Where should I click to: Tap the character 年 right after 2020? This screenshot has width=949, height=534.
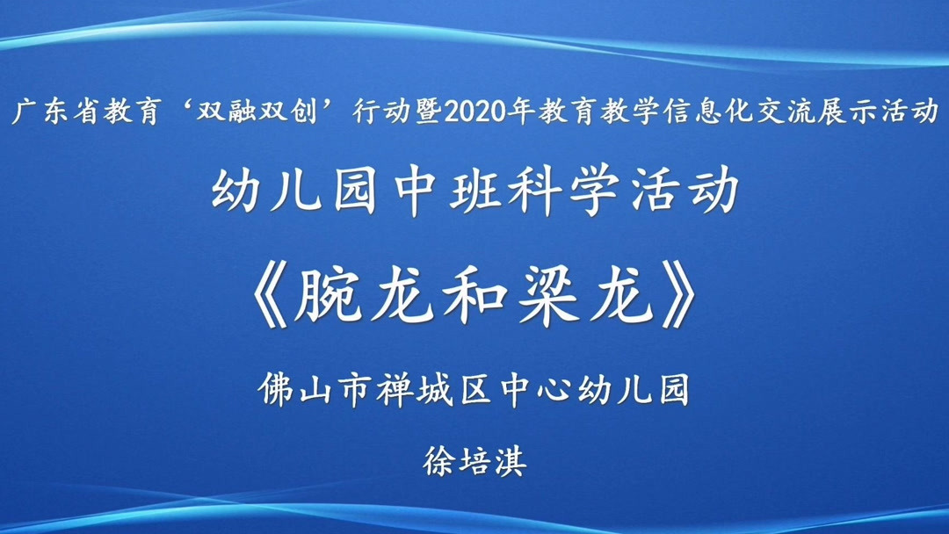531,112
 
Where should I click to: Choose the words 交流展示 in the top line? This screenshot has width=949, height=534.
832,112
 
